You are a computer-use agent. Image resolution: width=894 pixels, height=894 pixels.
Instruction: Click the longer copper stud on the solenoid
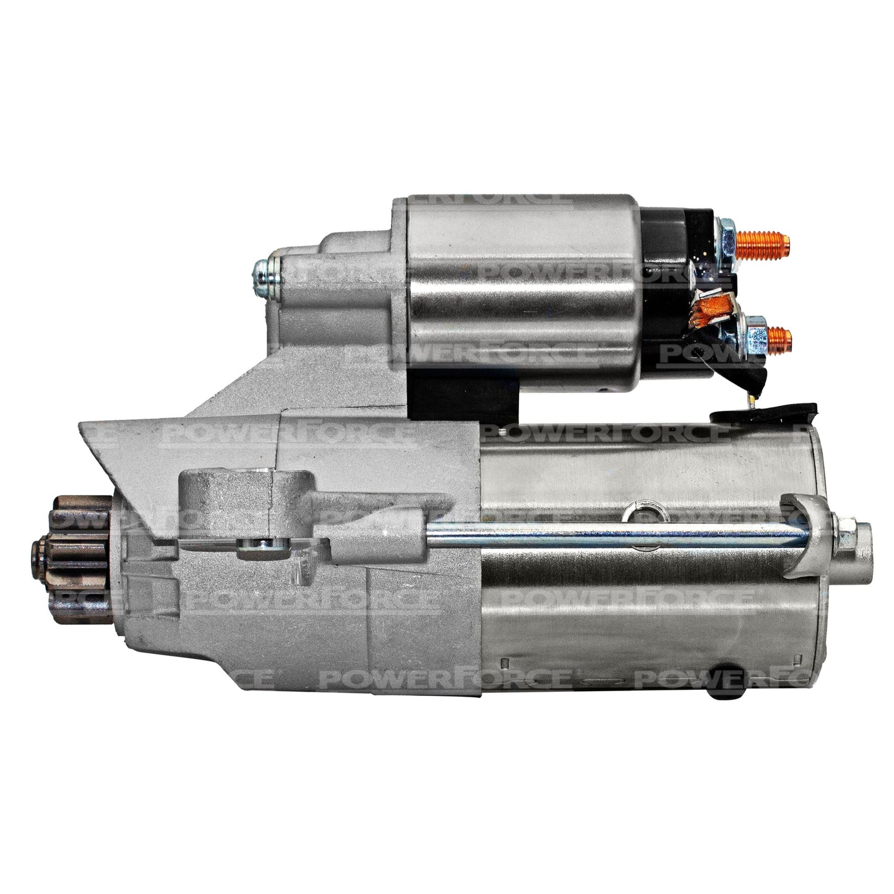762,246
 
